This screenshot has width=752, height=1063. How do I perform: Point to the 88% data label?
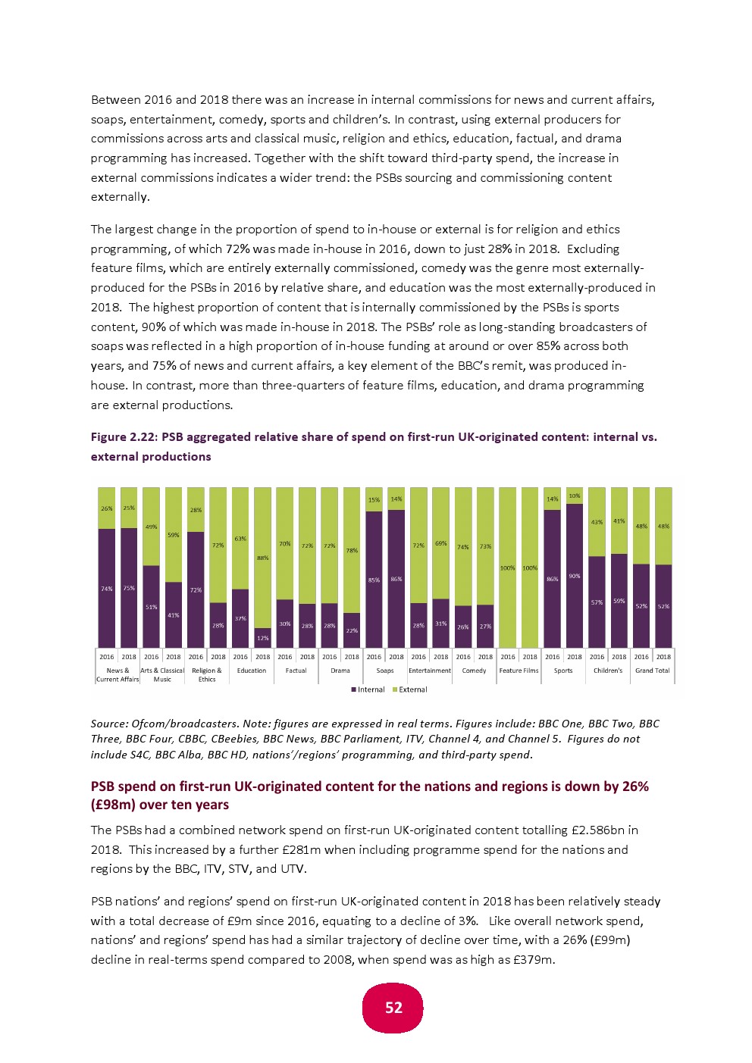tap(262, 558)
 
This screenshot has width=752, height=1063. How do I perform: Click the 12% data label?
tap(262, 638)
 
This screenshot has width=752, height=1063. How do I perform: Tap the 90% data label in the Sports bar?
tap(575, 576)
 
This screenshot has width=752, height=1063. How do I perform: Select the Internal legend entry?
tap(368, 689)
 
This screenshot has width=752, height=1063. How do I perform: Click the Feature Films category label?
tap(519, 671)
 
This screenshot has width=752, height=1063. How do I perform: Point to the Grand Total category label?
tap(652, 671)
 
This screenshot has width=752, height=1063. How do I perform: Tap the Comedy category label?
tap(474, 671)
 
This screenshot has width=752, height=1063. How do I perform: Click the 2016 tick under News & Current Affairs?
tap(107, 657)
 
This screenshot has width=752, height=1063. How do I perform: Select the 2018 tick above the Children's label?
tap(619, 657)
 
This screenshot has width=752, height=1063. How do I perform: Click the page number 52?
tap(393, 1008)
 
